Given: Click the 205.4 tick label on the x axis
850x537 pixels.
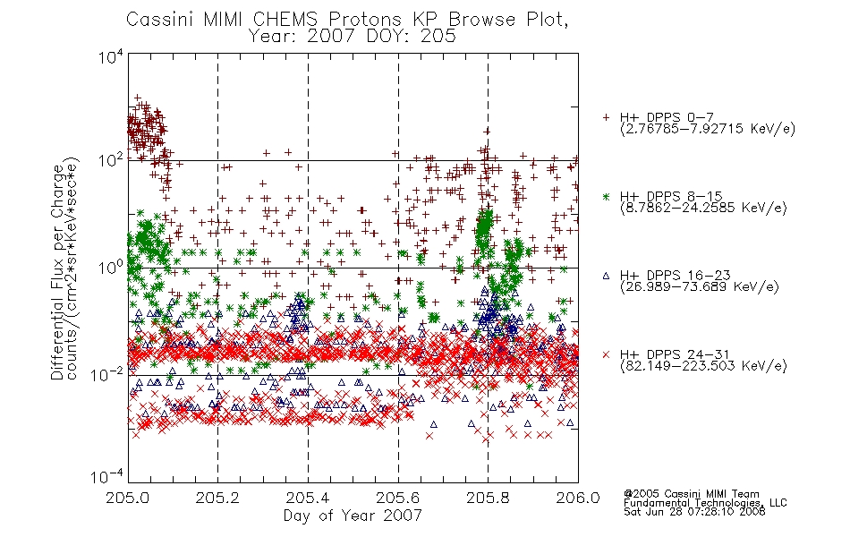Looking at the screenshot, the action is [x=308, y=498].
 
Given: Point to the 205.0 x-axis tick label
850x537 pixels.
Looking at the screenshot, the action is [x=128, y=498].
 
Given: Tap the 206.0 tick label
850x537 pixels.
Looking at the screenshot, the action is [x=578, y=498].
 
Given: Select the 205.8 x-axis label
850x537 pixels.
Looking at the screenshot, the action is [x=488, y=498].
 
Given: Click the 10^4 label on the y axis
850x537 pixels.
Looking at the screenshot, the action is [x=111, y=56].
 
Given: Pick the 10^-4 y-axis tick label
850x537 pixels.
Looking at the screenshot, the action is [x=107, y=476].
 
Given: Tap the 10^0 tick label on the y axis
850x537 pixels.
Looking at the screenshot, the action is [x=111, y=267].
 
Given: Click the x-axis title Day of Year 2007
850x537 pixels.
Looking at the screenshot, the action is [x=353, y=516].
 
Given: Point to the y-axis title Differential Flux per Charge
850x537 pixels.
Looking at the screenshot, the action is [x=57, y=271].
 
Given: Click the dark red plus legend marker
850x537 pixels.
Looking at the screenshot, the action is [x=606, y=117].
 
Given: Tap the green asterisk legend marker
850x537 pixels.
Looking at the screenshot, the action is [x=606, y=196].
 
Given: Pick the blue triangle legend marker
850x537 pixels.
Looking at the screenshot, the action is [x=606, y=276].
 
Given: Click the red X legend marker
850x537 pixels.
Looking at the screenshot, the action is [x=606, y=354].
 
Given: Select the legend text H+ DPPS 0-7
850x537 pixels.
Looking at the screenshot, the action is [x=667, y=117].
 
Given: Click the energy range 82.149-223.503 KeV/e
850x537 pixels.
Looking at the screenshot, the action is [x=703, y=366].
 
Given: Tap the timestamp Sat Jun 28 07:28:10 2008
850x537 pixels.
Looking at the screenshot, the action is [x=694, y=512].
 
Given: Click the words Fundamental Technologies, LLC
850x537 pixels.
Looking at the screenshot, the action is [x=705, y=503].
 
